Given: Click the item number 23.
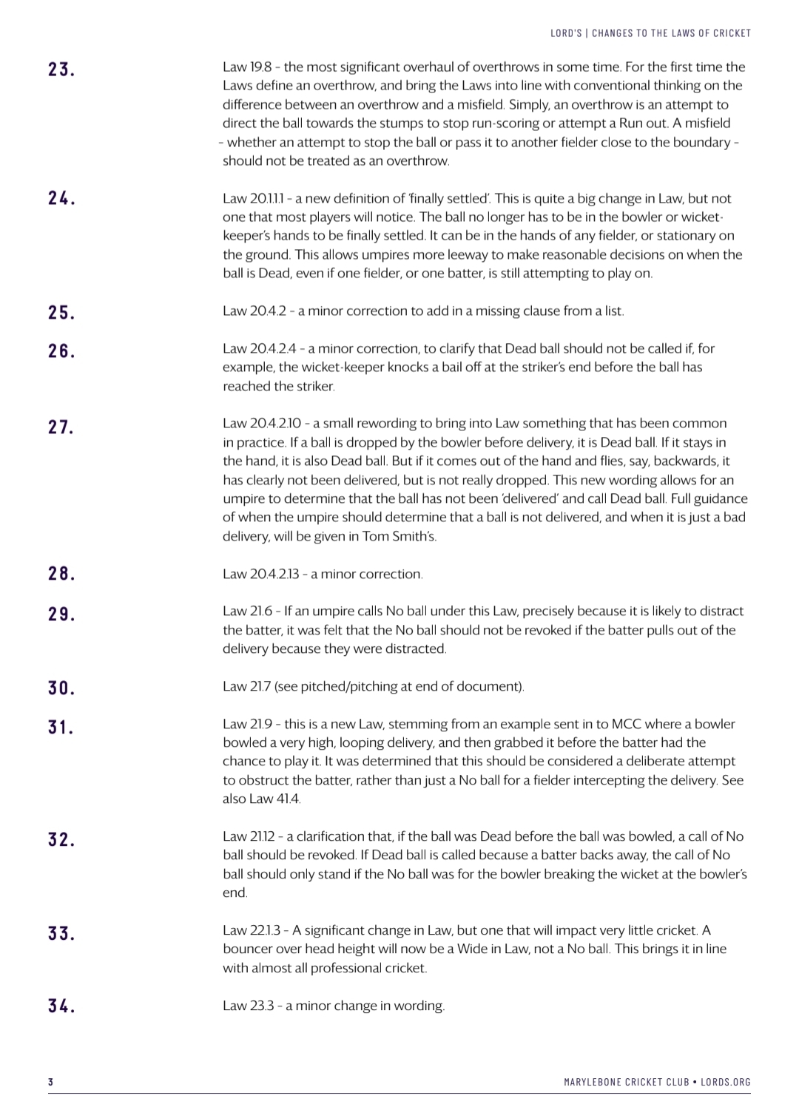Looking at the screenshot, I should click(x=61, y=70).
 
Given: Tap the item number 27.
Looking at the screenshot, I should click(x=61, y=427).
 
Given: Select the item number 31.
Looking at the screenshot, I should click(x=61, y=727).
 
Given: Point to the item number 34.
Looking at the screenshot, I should click(x=61, y=1006).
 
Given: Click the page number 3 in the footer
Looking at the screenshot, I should click(x=51, y=1082).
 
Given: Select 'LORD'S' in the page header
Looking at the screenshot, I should click(x=566, y=33).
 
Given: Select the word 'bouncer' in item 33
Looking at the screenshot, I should click(x=246, y=949).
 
